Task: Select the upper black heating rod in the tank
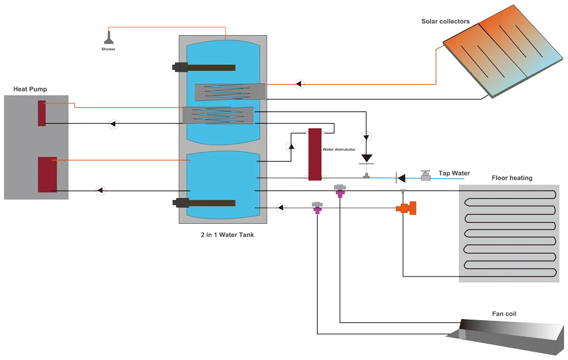point(204,68)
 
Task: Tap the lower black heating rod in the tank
point(204,203)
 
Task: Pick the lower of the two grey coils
point(218,115)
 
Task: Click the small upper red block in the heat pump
point(42,113)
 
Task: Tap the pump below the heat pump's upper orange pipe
point(114,124)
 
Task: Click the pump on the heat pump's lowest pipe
point(101,190)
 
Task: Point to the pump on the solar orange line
point(299,84)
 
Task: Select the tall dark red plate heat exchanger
point(314,154)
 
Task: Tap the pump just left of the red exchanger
point(291,146)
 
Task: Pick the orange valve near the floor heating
point(406,209)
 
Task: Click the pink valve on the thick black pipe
point(340,191)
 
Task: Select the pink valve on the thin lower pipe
point(317,208)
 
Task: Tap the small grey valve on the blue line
point(425,173)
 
